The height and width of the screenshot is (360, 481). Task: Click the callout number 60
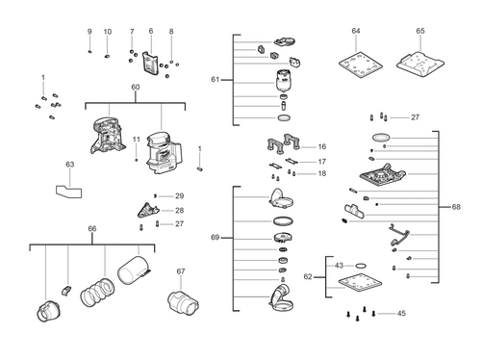click(x=135, y=88)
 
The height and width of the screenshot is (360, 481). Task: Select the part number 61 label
click(x=215, y=80)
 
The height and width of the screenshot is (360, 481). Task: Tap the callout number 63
click(x=69, y=166)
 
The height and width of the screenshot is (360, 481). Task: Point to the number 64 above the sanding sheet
click(x=355, y=32)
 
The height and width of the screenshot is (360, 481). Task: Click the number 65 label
click(x=420, y=32)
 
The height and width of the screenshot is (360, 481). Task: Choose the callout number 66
click(x=91, y=228)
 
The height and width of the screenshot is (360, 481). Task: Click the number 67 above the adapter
click(x=180, y=271)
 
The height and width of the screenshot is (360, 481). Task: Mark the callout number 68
click(x=456, y=207)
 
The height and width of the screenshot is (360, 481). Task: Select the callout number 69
click(x=215, y=237)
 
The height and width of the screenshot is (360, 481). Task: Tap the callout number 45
click(x=401, y=314)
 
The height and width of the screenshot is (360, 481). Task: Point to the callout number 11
click(x=137, y=140)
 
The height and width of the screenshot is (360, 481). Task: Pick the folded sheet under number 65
click(x=420, y=61)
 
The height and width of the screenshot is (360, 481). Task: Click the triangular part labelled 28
click(x=145, y=209)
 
